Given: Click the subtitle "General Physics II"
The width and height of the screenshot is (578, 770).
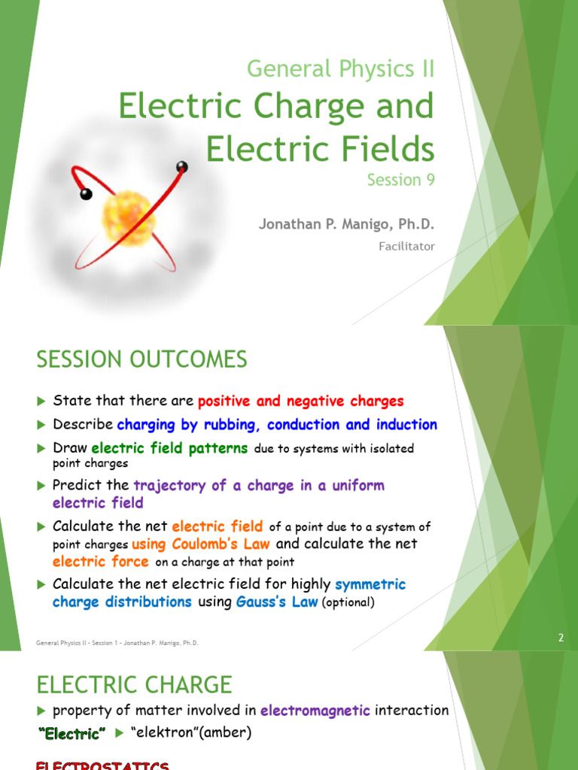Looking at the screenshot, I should [x=341, y=70].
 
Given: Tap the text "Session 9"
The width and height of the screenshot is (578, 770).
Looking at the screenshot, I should [x=400, y=180].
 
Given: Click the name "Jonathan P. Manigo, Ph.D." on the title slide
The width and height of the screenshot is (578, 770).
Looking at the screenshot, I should [x=347, y=224].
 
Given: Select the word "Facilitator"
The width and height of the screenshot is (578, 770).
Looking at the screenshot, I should [x=406, y=246].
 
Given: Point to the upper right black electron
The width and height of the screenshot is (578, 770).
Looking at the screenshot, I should [x=181, y=166].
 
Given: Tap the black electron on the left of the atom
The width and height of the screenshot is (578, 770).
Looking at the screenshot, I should [x=86, y=195].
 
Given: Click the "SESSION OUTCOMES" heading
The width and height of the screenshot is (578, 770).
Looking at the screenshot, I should [x=141, y=360].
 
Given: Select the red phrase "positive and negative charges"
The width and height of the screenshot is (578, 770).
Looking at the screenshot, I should [x=301, y=402].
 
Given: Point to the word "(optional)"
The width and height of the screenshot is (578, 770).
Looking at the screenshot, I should [x=348, y=602].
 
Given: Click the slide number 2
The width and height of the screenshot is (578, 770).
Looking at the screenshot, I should [x=561, y=638].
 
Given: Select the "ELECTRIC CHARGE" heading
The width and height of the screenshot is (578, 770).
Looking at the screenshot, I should [x=135, y=684].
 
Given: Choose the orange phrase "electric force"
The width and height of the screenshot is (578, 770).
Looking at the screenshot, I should [x=101, y=562].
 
